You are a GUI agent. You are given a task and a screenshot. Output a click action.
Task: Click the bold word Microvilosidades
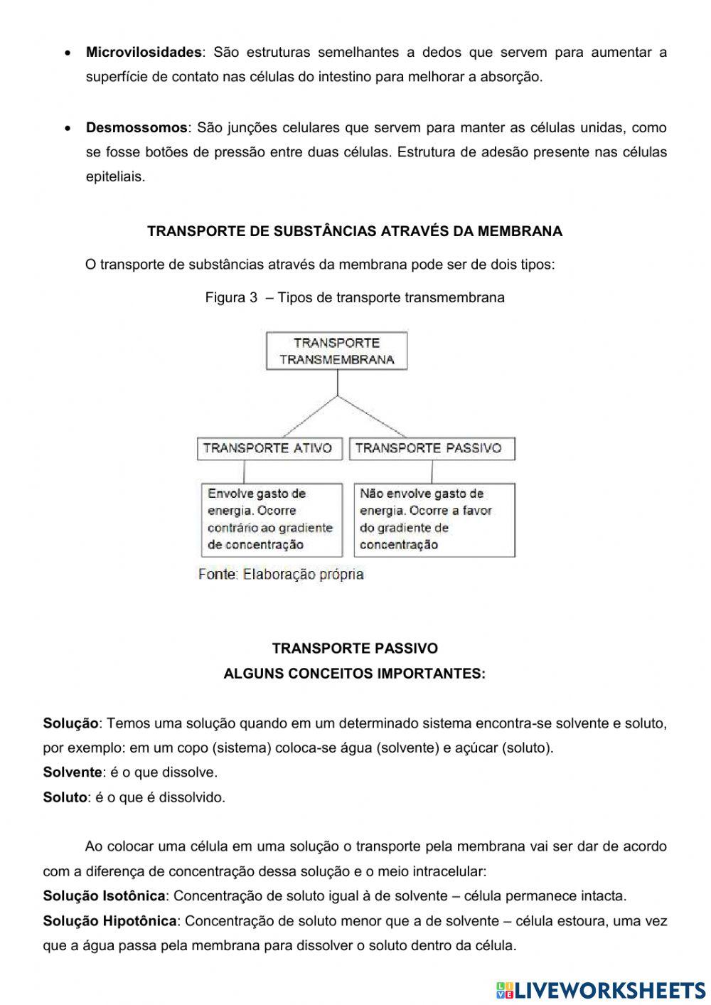point(144,52)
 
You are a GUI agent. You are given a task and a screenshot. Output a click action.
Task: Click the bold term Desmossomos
point(137,128)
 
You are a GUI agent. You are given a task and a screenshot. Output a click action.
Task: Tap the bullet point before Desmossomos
point(67,129)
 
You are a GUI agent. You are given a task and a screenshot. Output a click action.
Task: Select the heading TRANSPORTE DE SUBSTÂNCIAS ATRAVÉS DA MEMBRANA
point(355,231)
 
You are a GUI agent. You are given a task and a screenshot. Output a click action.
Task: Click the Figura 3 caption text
point(355,297)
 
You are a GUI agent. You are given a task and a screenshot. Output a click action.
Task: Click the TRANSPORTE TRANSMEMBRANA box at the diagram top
point(337,351)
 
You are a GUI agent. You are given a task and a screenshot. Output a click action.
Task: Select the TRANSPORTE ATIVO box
point(268,448)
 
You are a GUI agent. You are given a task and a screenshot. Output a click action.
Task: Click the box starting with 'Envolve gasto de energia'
point(270,519)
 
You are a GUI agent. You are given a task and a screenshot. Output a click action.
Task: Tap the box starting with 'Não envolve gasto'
point(434,519)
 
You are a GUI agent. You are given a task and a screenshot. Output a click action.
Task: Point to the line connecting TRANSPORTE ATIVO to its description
point(245,472)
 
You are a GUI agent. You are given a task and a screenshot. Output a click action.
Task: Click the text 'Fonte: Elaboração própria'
point(281,574)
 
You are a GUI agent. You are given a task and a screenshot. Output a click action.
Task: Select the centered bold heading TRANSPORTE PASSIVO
point(355,648)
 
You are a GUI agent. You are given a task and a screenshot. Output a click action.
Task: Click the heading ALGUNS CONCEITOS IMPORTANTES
point(355,673)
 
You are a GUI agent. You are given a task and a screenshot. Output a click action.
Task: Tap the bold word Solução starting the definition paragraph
point(70,723)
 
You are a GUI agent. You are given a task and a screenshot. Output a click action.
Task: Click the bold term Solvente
point(73,772)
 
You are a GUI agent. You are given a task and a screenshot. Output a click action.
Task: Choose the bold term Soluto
point(65,797)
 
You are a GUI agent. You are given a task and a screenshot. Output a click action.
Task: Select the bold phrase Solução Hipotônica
point(109,921)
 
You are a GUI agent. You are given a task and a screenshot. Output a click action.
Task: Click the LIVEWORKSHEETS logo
point(601,989)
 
